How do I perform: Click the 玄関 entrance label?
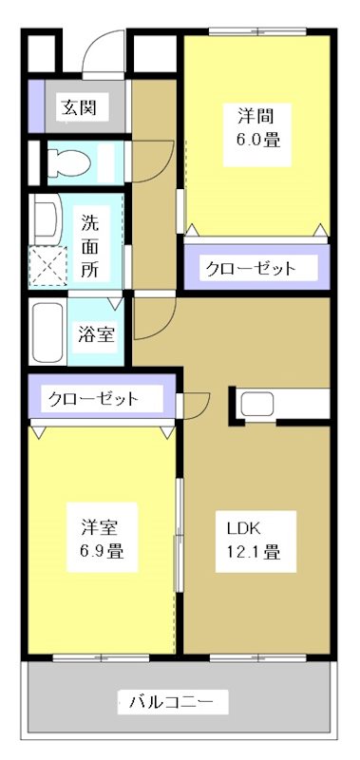[x=78, y=106]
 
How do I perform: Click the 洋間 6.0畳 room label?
[x=257, y=126]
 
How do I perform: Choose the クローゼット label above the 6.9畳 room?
[x=94, y=398]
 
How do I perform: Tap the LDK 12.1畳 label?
[x=251, y=539]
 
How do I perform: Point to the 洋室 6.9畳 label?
[x=99, y=539]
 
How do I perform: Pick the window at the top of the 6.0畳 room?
[x=256, y=33]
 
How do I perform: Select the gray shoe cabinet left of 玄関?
[x=35, y=104]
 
